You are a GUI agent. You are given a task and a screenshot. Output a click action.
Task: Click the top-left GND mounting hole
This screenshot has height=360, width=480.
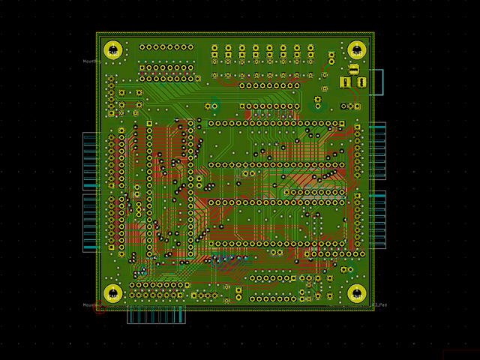[113, 50]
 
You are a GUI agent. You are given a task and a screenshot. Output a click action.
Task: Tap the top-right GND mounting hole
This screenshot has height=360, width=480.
[357, 50]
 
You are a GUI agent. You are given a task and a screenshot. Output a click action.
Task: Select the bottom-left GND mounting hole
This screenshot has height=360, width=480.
[113, 293]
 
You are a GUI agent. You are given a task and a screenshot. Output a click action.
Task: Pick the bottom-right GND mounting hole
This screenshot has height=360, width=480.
[357, 293]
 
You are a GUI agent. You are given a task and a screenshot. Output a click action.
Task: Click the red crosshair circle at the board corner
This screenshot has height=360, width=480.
[100, 307]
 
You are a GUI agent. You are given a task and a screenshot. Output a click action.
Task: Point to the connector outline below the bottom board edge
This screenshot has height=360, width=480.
[156, 315]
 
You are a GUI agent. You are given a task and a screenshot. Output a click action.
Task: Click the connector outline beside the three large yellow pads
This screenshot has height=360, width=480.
[376, 82]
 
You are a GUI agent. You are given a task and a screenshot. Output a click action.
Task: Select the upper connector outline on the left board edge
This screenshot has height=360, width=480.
[91, 161]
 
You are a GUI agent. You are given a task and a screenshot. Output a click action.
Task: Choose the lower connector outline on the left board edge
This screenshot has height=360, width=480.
[91, 222]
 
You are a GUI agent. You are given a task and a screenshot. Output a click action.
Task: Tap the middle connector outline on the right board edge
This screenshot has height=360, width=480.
[377, 151]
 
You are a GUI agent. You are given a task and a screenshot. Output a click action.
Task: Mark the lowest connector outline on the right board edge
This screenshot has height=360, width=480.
[377, 220]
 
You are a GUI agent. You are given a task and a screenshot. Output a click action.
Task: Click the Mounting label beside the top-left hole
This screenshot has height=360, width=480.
[91, 61]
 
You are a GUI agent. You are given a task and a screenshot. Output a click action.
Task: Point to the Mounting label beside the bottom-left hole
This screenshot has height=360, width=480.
[91, 305]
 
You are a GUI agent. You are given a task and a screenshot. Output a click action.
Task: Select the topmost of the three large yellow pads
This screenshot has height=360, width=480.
[353, 68]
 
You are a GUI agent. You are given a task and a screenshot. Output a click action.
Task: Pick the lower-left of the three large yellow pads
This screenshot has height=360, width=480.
[345, 82]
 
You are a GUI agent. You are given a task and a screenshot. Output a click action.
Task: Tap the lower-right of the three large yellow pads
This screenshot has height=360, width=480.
[362, 82]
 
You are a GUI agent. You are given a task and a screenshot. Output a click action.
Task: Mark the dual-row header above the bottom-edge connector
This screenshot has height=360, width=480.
[160, 289]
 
